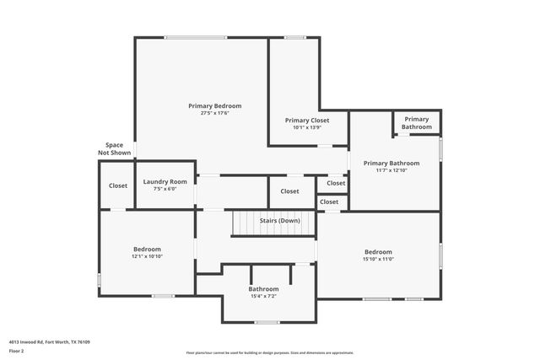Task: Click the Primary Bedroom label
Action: tap(215, 106)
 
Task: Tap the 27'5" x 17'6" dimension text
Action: tap(215, 113)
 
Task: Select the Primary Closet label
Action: tap(307, 121)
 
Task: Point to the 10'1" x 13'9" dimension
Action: tap(307, 128)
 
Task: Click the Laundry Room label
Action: tap(165, 182)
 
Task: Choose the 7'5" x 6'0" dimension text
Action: tap(165, 189)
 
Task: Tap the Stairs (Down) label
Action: tap(279, 220)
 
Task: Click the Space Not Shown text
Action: tap(115, 149)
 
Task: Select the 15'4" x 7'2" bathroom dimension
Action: tap(263, 296)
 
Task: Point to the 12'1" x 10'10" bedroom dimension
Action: tap(147, 256)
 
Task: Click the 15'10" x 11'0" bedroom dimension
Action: tap(378, 260)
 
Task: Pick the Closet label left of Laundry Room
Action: tap(118, 186)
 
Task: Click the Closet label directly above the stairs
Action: tap(289, 191)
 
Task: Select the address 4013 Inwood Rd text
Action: tap(50, 342)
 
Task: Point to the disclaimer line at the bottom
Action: tap(270, 353)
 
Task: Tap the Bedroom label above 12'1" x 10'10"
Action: tap(147, 249)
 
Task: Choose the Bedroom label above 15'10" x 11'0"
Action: tap(378, 252)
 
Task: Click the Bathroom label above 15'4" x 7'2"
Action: tap(263, 289)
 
